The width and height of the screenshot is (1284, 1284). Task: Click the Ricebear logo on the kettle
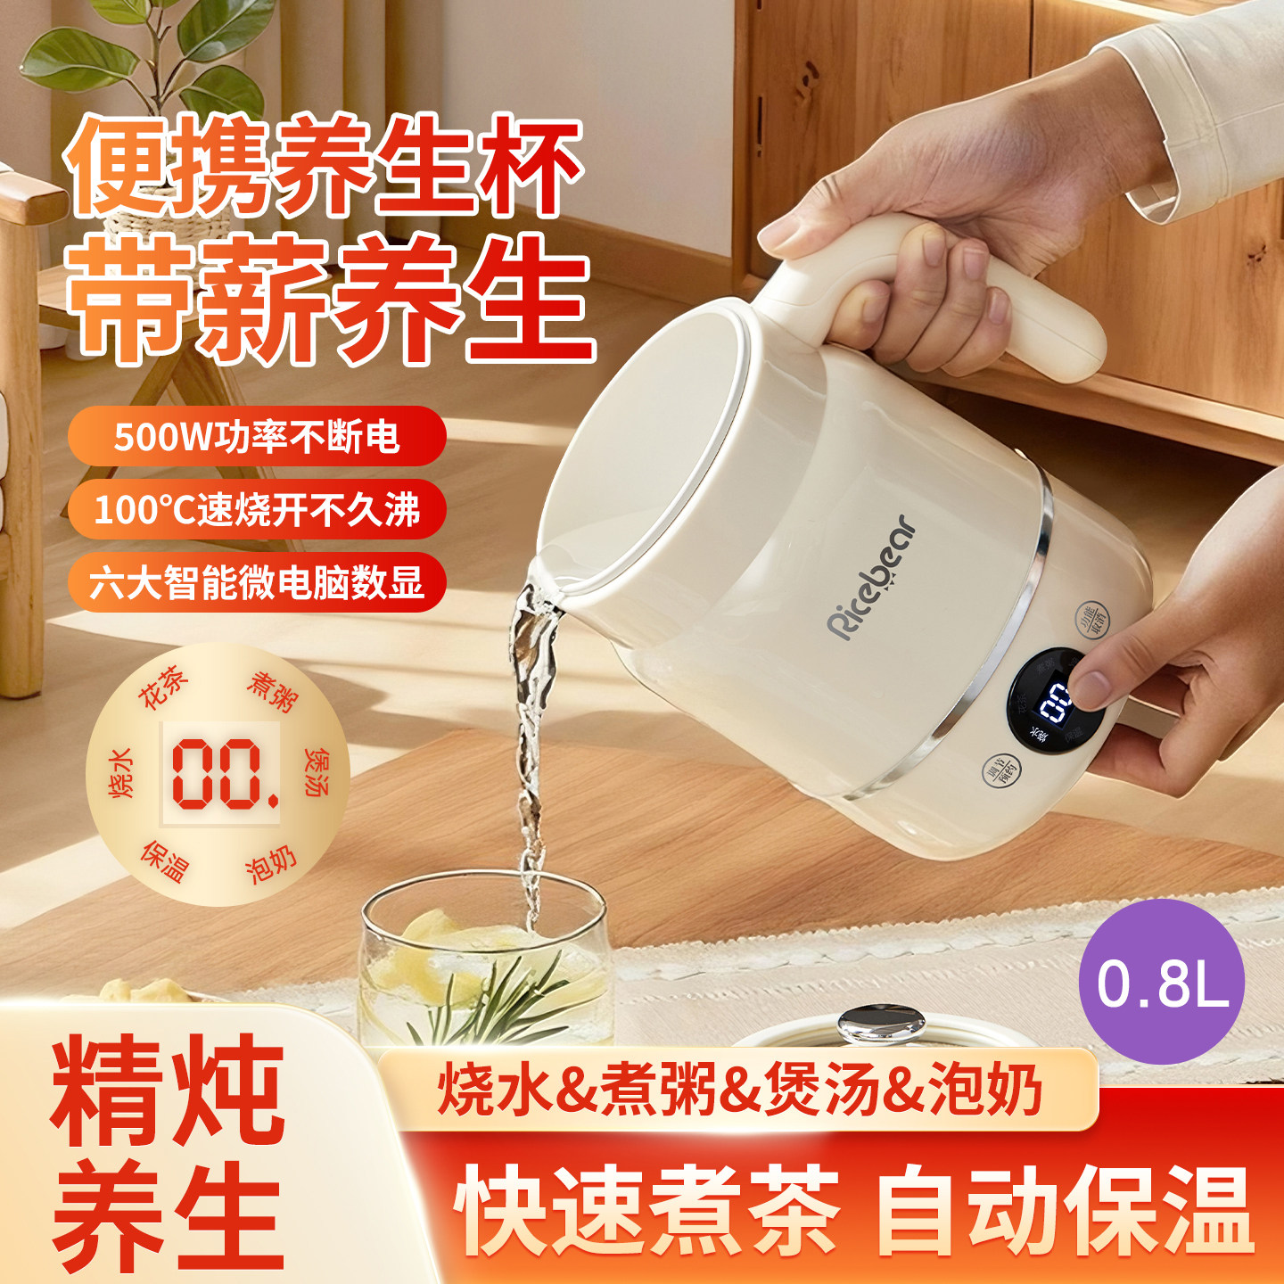tap(871, 578)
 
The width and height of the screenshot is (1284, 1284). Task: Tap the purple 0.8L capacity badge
tap(1161, 982)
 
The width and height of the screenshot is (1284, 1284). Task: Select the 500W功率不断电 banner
tap(257, 436)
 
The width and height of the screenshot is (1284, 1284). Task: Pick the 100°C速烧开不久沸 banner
tap(257, 510)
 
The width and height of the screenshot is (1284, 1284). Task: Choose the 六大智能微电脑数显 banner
tap(257, 583)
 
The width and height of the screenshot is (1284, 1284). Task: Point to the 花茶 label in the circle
tap(164, 687)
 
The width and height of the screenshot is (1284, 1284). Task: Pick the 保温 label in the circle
tap(165, 860)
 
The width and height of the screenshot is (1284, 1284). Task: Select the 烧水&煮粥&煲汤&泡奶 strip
tap(739, 1090)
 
